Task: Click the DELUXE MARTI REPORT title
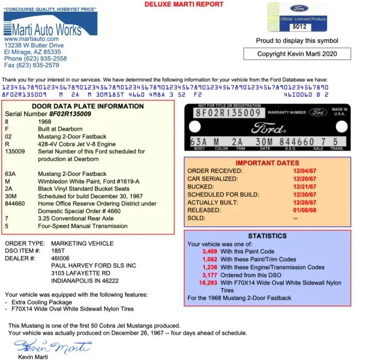[184, 4]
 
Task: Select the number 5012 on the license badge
[299, 27]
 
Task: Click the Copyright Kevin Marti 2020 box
[296, 54]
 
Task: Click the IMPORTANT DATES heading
[267, 163]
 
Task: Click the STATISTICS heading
[267, 236]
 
